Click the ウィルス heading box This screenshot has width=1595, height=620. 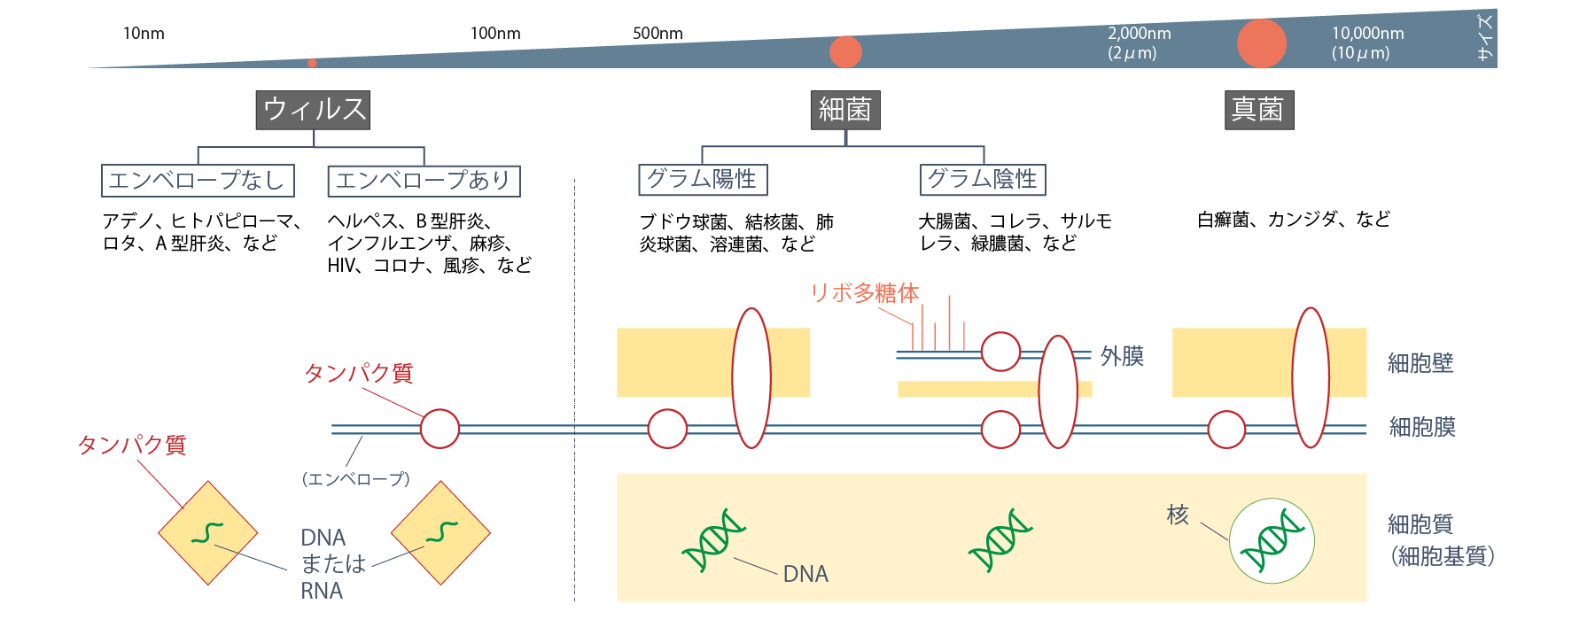(x=313, y=110)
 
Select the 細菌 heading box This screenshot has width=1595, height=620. (x=845, y=110)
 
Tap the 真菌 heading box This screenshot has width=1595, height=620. (x=1259, y=110)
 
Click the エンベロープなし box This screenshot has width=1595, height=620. (x=198, y=180)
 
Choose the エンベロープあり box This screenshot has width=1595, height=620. (x=424, y=181)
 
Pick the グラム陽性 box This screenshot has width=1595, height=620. (x=703, y=179)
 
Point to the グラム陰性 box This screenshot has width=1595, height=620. (x=983, y=179)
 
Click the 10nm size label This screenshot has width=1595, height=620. (x=144, y=34)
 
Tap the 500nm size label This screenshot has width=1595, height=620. (x=657, y=34)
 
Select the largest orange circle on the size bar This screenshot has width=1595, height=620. (x=1262, y=43)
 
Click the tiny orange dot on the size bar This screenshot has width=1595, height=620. (x=312, y=63)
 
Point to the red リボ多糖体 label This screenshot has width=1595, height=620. (x=865, y=292)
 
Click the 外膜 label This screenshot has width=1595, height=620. (x=1122, y=356)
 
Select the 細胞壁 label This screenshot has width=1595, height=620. (x=1420, y=363)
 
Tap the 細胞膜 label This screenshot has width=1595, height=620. (x=1422, y=427)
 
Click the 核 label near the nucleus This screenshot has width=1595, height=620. (x=1178, y=515)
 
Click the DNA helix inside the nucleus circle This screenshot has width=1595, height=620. (x=1272, y=540)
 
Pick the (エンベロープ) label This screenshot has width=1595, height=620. (x=356, y=479)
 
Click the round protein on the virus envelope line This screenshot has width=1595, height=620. (x=440, y=429)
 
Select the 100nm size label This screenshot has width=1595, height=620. (x=495, y=34)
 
